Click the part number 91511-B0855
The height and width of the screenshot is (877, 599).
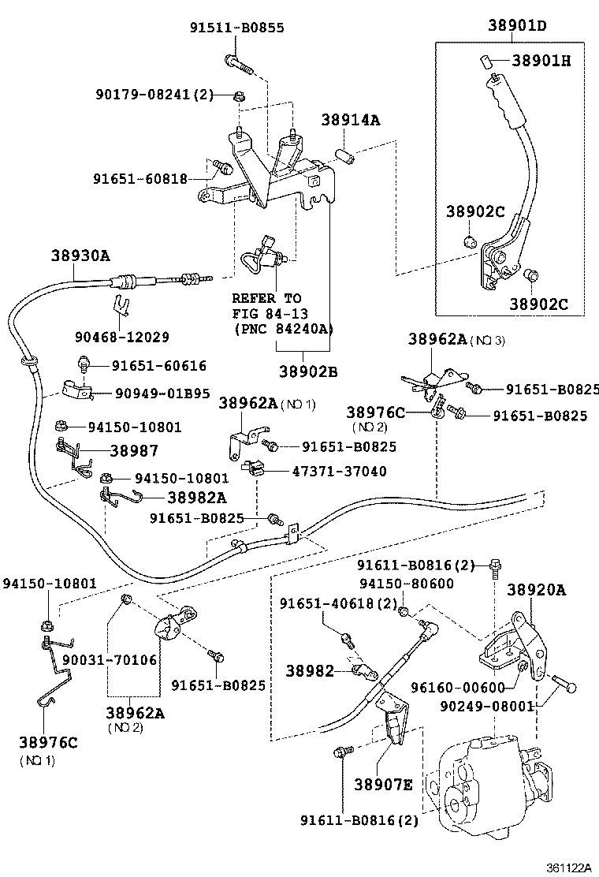click(236, 28)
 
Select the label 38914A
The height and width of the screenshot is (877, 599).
click(350, 120)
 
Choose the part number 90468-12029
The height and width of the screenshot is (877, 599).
click(122, 337)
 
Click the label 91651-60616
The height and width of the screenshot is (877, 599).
click(158, 366)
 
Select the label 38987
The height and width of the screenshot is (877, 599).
click(134, 450)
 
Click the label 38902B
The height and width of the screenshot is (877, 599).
click(307, 371)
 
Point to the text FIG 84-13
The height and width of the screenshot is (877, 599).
click(266, 314)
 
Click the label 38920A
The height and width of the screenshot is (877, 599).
click(536, 589)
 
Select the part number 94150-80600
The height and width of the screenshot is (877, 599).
click(407, 584)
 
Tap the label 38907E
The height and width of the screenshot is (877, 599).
click(382, 784)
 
